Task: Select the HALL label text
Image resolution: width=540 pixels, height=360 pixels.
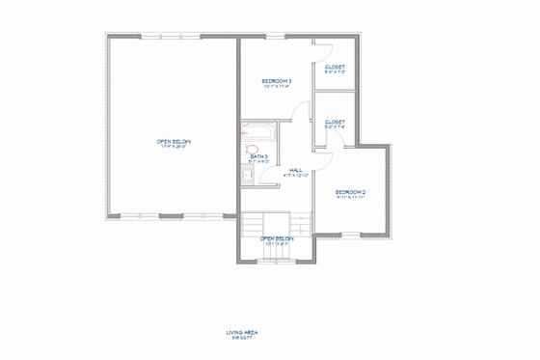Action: (x=296, y=169)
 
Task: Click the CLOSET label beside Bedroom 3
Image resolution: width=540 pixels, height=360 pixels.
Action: (x=335, y=67)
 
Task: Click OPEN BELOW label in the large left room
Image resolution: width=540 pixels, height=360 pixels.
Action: (x=169, y=141)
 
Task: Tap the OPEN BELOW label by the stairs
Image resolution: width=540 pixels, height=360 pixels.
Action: (x=277, y=237)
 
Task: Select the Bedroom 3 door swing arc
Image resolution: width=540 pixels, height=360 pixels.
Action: (x=301, y=110)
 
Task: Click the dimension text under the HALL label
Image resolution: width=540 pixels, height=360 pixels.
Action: (x=296, y=175)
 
